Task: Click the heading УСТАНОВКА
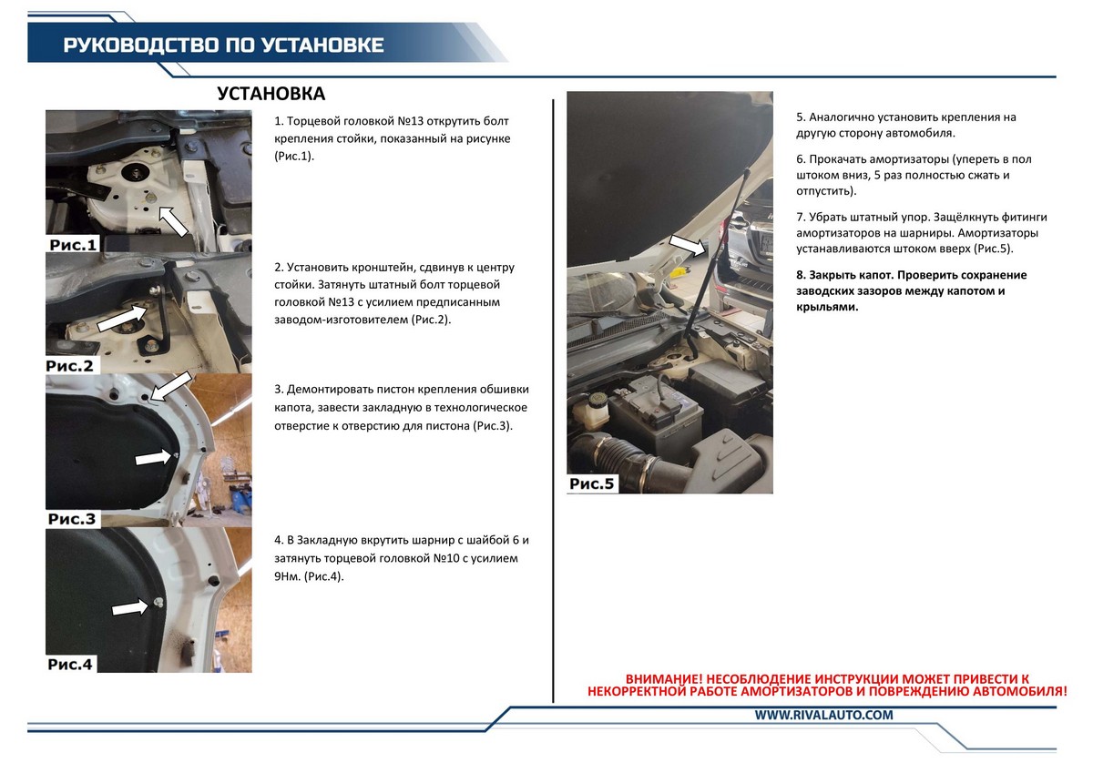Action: point(271,94)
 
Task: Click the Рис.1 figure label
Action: point(73,244)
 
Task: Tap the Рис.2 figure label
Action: point(69,366)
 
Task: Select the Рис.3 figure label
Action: point(72,518)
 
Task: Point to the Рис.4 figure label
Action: point(70,665)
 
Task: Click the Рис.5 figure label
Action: point(591,483)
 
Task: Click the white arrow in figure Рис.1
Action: point(174,221)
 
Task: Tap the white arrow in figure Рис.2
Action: point(121,319)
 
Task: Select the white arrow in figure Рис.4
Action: point(129,608)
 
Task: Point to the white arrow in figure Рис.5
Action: point(688,245)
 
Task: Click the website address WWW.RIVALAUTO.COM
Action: point(823,715)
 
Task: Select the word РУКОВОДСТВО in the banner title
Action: point(140,45)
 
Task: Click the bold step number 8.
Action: point(801,275)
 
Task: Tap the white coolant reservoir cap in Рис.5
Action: point(597,399)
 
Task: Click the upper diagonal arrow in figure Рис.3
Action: point(171,386)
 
